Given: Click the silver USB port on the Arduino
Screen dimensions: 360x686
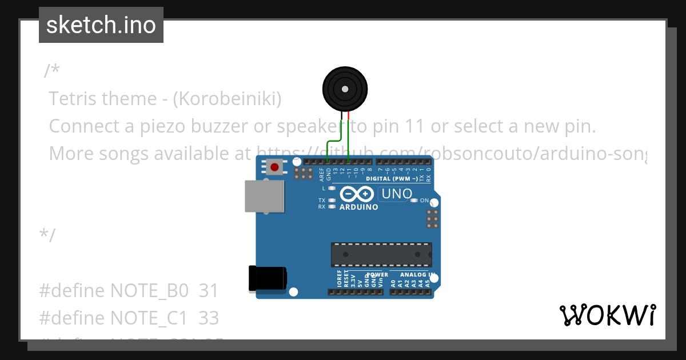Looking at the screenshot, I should click(x=264, y=197).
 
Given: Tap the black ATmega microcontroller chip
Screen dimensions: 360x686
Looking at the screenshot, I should click(x=381, y=254).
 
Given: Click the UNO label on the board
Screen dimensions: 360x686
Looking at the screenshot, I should click(x=397, y=194).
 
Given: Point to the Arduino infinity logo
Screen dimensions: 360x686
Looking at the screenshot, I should click(x=358, y=194).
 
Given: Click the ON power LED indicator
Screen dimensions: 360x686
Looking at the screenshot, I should click(x=414, y=201).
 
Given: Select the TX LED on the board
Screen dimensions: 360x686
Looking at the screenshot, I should click(x=332, y=201).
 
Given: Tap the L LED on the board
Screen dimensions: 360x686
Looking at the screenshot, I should click(x=332, y=188).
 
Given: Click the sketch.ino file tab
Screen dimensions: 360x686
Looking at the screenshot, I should click(x=101, y=25).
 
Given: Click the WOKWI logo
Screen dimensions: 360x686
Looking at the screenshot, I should click(x=608, y=315).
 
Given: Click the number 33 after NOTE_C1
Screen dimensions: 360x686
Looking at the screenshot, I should click(x=209, y=317).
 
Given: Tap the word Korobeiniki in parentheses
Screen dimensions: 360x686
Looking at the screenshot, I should click(x=228, y=99).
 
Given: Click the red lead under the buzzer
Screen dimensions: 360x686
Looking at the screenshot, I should click(x=348, y=116).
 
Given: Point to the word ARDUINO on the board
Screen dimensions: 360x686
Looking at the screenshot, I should click(x=358, y=207).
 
